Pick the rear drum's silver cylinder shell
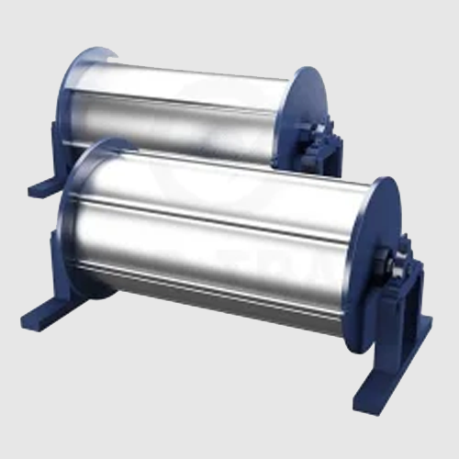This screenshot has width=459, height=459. click(184, 101)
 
